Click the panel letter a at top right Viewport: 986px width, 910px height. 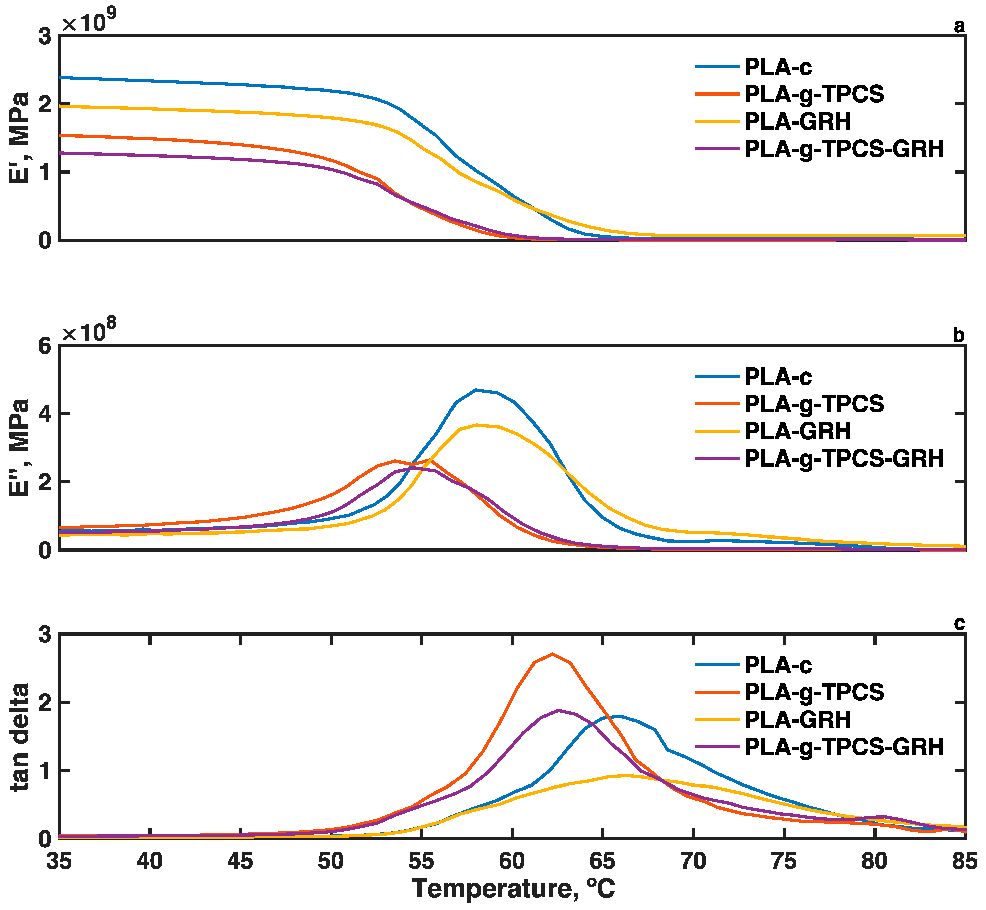pos(959,26)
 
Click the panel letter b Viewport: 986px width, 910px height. pos(959,335)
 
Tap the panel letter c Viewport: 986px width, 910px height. pos(959,624)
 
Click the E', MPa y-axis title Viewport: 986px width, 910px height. pos(20,138)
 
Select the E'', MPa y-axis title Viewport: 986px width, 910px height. pos(20,447)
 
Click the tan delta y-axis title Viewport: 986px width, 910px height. pos(20,737)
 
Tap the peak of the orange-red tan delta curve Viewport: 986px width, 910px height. pos(553,654)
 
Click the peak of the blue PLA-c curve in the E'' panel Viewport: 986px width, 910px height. pos(476,390)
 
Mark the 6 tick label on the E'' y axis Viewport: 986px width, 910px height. pos(45,346)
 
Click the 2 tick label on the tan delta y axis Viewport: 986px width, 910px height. pos(45,703)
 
